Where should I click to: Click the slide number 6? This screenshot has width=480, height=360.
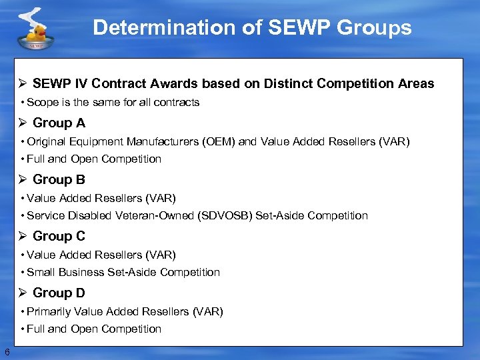(7, 352)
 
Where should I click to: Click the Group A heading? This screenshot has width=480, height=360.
(59, 123)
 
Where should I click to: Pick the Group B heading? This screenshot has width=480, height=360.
(59, 179)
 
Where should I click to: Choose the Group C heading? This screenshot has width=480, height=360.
(59, 236)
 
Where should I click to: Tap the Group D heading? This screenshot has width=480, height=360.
(59, 293)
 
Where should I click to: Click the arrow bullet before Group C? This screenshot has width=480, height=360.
(22, 236)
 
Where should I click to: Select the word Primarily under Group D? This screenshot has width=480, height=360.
(48, 311)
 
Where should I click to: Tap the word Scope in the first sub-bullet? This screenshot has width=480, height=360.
(43, 103)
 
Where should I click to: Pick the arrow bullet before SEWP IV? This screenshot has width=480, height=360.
(22, 84)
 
